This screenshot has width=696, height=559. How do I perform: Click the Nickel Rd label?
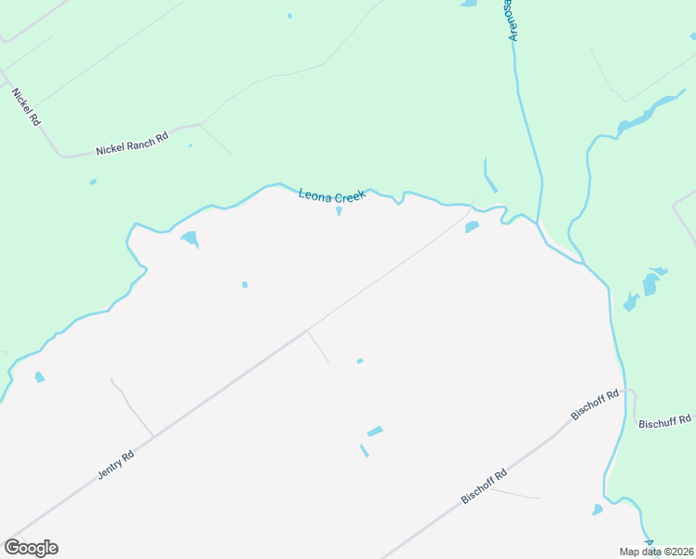(x=26, y=107)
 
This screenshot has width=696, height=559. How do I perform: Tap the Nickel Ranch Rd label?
(x=132, y=143)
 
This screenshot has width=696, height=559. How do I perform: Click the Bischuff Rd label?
(x=665, y=421)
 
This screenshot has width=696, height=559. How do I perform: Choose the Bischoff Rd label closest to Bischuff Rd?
(x=596, y=405)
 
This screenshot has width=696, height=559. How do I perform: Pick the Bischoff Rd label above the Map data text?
(x=484, y=486)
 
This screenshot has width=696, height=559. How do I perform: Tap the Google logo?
(x=31, y=548)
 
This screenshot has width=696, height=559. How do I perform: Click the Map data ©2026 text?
(x=657, y=552)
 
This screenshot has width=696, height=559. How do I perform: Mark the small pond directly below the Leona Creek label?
(x=339, y=211)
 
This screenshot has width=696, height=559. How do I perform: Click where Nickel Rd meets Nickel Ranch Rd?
(x=61, y=155)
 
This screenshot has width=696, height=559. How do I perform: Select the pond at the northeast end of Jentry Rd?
(x=472, y=226)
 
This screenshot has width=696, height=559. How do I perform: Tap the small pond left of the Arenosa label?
(x=468, y=4)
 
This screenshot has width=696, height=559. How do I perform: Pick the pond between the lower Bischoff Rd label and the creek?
(x=597, y=510)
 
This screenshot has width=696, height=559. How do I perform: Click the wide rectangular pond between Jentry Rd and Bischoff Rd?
(x=375, y=431)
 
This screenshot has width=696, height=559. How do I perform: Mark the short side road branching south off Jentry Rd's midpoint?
(x=317, y=347)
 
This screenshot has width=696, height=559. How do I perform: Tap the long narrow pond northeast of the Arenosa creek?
(x=642, y=116)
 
